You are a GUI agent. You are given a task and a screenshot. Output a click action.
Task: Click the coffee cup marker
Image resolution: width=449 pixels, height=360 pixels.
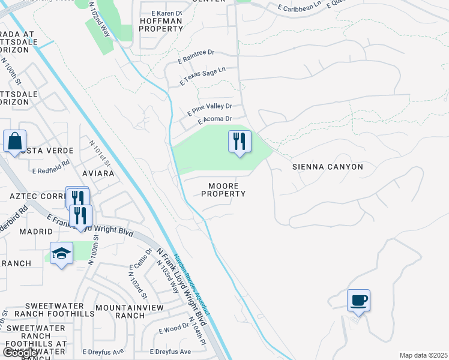(x=358, y=300)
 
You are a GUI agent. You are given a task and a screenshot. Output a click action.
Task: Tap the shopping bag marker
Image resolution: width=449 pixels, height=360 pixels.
(x=14, y=142)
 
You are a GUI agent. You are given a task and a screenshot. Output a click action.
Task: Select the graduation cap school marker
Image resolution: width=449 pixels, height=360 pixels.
(x=61, y=253)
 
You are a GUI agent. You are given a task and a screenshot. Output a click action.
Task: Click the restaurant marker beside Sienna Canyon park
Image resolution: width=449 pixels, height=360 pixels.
(x=240, y=142)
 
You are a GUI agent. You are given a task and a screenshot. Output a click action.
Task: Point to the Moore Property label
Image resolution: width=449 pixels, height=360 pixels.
(x=223, y=190)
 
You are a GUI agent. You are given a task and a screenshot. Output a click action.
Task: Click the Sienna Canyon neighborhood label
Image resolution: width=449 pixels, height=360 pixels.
(x=328, y=167)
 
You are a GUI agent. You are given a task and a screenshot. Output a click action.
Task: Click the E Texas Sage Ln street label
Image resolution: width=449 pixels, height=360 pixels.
(x=203, y=77)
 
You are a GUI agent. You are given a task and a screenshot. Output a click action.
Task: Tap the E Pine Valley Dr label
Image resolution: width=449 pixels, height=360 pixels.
(x=209, y=109)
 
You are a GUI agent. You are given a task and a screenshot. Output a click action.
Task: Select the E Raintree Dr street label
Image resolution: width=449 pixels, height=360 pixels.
(x=196, y=57)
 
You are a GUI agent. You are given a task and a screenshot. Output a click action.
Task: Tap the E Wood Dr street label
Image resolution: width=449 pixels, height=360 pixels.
(x=173, y=329)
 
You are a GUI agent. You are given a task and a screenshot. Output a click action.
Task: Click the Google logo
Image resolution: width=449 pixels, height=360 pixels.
(x=20, y=353)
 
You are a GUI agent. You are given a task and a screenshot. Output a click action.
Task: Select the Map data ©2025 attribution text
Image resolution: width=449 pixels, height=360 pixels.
(x=423, y=355)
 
